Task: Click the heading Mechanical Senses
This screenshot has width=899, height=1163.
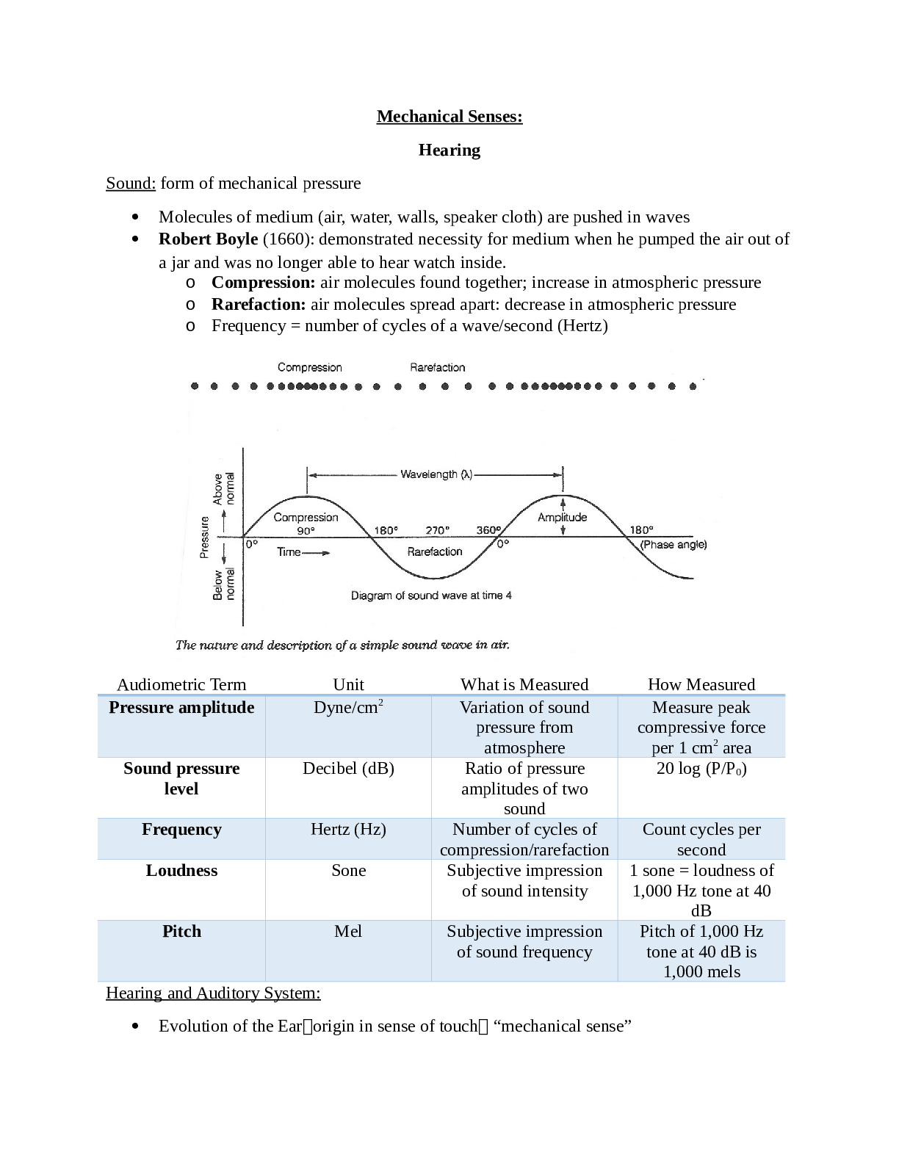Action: pos(449,117)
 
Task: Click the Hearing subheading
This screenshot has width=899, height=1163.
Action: pos(449,151)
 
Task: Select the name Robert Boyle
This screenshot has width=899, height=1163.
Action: pos(208,239)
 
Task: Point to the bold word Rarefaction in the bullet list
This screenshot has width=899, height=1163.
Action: pos(258,305)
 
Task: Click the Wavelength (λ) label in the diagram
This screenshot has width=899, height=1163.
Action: pos(436,474)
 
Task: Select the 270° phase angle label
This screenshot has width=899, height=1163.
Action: pos(437,530)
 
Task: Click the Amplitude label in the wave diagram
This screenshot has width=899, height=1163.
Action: pos(562,517)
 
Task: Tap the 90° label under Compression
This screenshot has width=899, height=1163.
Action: pos(306,530)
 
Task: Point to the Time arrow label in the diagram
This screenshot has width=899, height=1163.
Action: pos(302,552)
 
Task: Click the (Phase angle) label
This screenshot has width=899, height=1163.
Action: pos(673,545)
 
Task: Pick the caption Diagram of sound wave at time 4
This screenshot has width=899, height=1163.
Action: pos(431,595)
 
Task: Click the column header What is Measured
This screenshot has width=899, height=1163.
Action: pos(524,684)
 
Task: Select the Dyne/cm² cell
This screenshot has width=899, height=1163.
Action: pos(348,707)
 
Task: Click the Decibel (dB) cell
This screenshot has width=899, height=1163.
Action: pos(348,769)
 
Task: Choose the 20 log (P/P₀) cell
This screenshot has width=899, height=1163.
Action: pos(701,769)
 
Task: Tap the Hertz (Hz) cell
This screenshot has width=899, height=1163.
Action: pos(348,830)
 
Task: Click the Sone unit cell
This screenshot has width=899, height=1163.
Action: pos(348,871)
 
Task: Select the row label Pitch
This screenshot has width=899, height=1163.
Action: pos(181,932)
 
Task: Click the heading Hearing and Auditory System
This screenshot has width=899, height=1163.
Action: pos(213,993)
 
